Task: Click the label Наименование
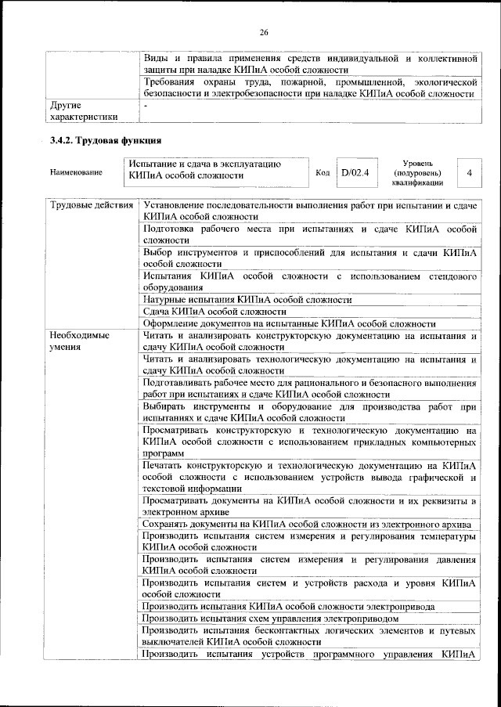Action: (76, 172)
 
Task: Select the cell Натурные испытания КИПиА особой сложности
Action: (247, 299)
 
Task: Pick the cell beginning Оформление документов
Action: (290, 323)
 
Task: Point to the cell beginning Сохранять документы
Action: (306, 524)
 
